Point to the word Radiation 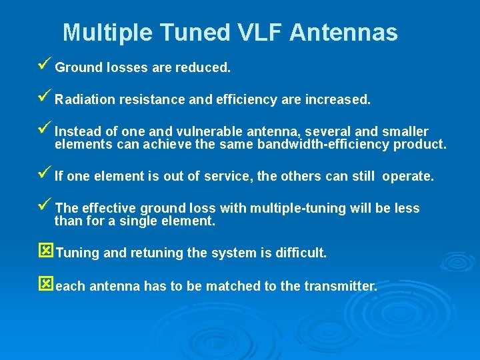pyautogui.click(x=85, y=100)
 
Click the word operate pyautogui.click(x=409, y=177)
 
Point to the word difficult pyautogui.click(x=301, y=253)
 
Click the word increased pyautogui.click(x=337, y=100)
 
